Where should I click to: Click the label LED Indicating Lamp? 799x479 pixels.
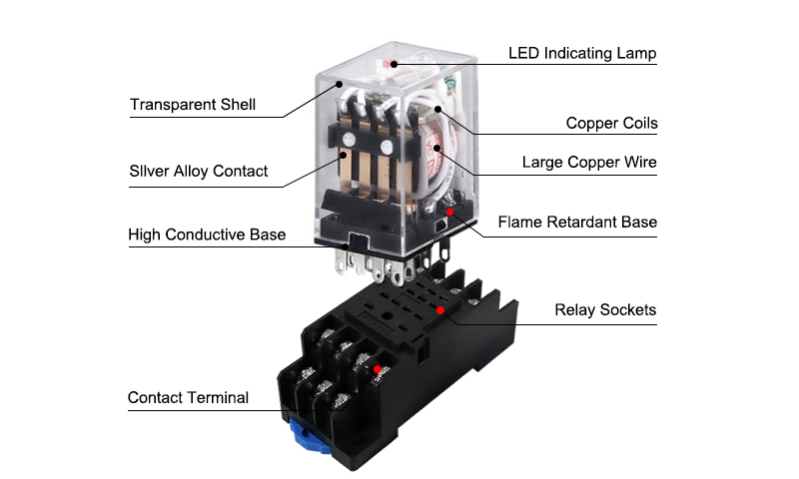[582, 53]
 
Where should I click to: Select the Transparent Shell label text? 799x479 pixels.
[193, 104]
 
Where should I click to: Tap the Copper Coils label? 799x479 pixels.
[611, 124]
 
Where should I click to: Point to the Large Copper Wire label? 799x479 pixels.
[589, 162]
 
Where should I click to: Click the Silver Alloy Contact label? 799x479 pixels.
[199, 171]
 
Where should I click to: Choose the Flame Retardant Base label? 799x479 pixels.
[577, 222]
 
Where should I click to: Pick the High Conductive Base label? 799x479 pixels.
[207, 235]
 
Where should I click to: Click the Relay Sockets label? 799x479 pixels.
[605, 309]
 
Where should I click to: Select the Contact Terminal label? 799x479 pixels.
[188, 397]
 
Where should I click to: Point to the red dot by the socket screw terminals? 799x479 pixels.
[377, 370]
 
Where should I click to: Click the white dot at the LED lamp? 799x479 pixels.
[396, 65]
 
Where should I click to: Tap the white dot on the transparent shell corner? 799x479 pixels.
[341, 85]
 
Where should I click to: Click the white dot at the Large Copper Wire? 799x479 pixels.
[438, 152]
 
